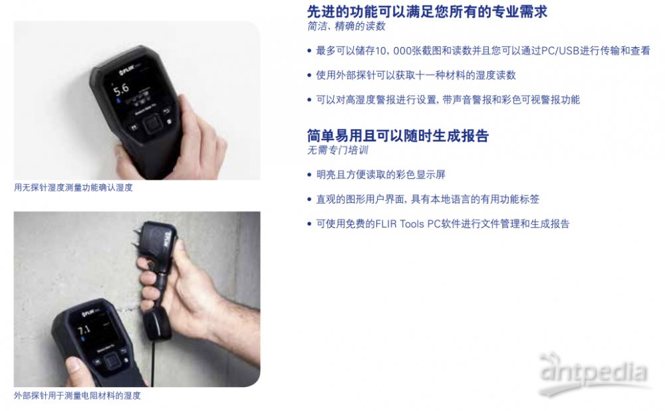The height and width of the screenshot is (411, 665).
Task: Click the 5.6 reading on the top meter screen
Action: click(121, 89)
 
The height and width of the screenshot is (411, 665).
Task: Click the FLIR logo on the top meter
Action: click(127, 70)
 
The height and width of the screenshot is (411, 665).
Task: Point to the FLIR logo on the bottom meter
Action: click(88, 313)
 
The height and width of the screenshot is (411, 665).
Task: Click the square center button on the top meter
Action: click(151, 125)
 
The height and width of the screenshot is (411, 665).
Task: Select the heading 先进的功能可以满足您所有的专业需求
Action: click(427, 11)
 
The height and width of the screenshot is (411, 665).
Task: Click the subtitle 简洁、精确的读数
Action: click(346, 27)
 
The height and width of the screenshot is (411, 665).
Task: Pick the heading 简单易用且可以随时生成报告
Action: click(398, 136)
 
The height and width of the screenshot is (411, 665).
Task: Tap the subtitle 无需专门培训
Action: click(338, 150)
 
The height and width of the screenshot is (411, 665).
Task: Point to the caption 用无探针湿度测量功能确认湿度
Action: click(73, 188)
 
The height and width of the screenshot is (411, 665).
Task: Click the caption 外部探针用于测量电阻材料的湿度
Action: click(77, 396)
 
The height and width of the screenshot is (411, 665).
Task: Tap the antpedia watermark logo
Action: click(594, 373)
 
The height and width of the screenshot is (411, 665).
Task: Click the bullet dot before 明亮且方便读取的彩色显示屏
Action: click(309, 175)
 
